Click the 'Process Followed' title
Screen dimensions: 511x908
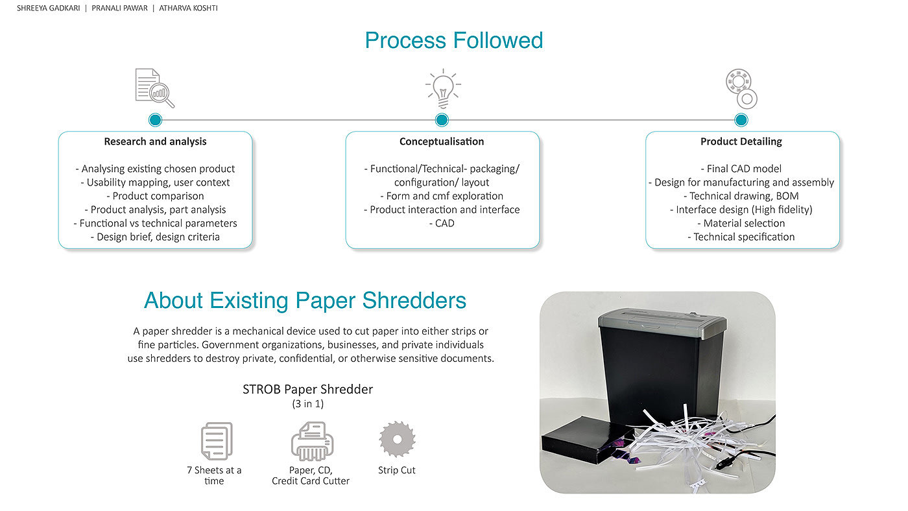(453, 40)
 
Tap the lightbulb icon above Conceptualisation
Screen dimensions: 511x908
(442, 88)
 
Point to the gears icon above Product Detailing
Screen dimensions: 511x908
(741, 89)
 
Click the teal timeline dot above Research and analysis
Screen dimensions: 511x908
(155, 120)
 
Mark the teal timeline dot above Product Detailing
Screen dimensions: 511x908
(741, 120)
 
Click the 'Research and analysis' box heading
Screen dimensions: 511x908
(155, 141)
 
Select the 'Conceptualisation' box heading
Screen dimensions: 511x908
(442, 141)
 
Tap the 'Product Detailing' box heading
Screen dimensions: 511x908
(741, 141)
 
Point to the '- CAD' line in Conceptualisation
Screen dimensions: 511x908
(442, 223)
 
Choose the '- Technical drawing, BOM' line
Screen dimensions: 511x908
(741, 196)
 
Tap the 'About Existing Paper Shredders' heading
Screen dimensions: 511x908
(305, 300)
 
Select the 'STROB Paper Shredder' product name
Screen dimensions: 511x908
(307, 389)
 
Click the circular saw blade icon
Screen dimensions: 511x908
(397, 439)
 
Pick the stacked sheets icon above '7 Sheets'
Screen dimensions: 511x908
(216, 441)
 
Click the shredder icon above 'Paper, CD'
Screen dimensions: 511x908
(311, 441)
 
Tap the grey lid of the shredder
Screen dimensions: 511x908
(661, 322)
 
